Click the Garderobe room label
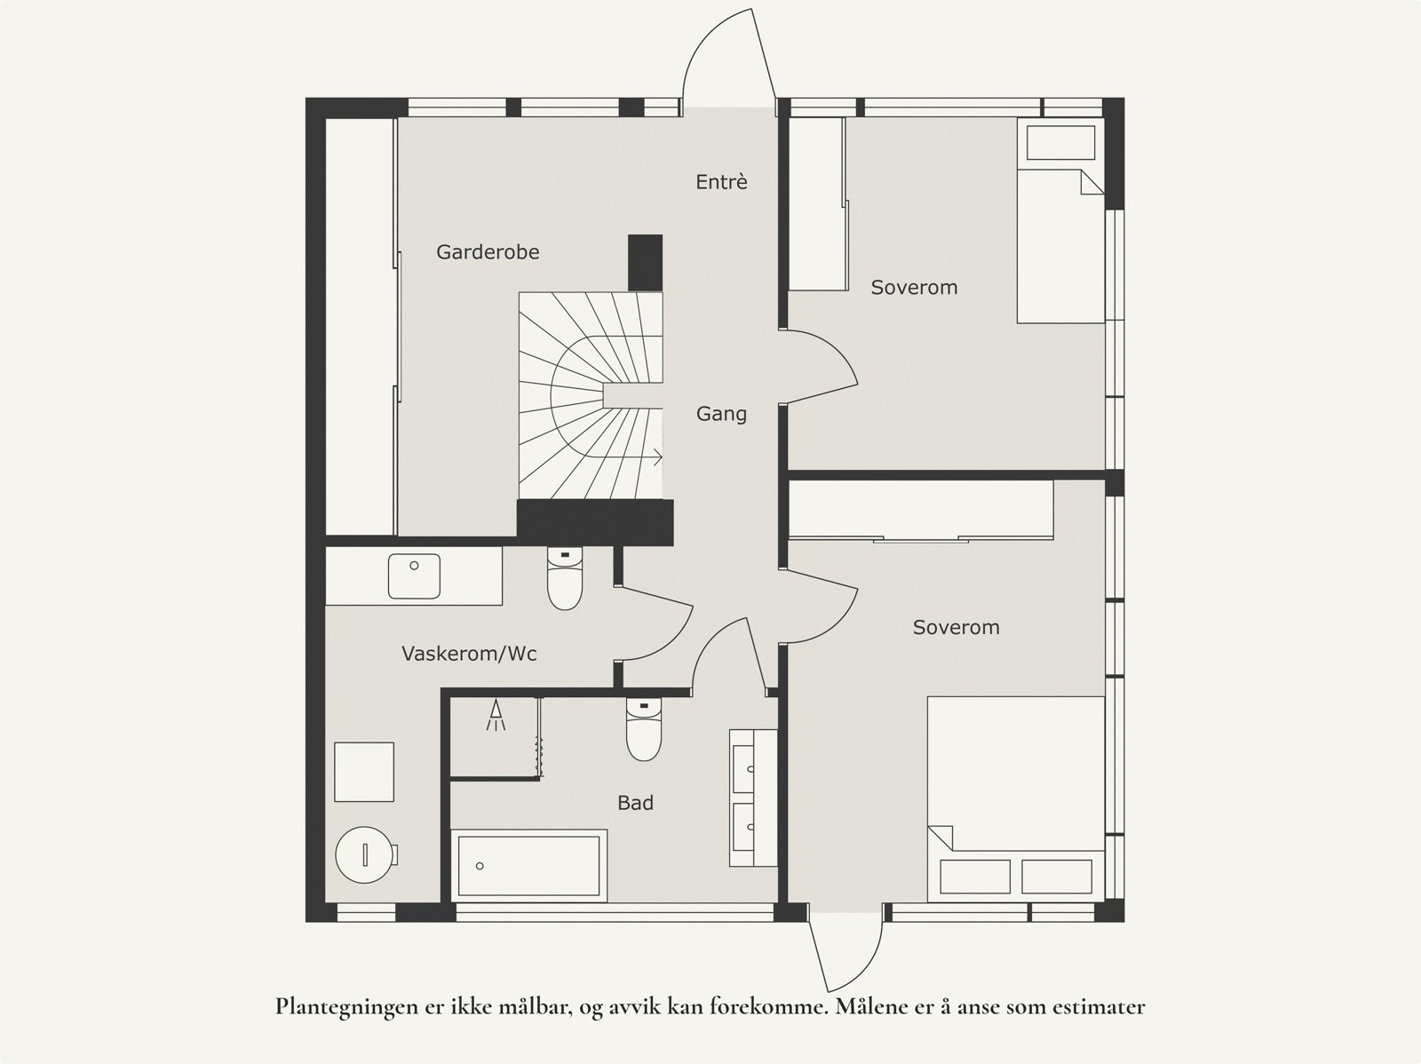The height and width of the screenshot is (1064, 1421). [x=488, y=251]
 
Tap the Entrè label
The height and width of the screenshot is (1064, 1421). [x=721, y=182]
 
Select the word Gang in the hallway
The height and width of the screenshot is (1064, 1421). [x=721, y=414]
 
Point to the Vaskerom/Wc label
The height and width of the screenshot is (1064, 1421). [x=469, y=654]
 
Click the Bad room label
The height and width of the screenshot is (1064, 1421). [x=635, y=803]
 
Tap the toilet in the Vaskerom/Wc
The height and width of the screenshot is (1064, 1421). [x=565, y=578]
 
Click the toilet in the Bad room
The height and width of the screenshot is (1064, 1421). [x=644, y=729]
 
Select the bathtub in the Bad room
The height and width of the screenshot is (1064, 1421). [x=529, y=866]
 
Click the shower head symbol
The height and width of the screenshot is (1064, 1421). [x=496, y=715]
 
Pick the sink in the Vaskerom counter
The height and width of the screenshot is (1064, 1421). [x=415, y=576]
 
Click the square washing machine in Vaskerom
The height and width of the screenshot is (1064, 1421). [x=364, y=772]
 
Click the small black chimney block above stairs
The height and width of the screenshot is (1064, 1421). [x=646, y=263]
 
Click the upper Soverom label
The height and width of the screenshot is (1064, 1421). [x=914, y=288]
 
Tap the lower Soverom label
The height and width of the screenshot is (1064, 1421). [x=957, y=627]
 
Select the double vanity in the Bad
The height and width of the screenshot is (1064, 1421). [x=753, y=798]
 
